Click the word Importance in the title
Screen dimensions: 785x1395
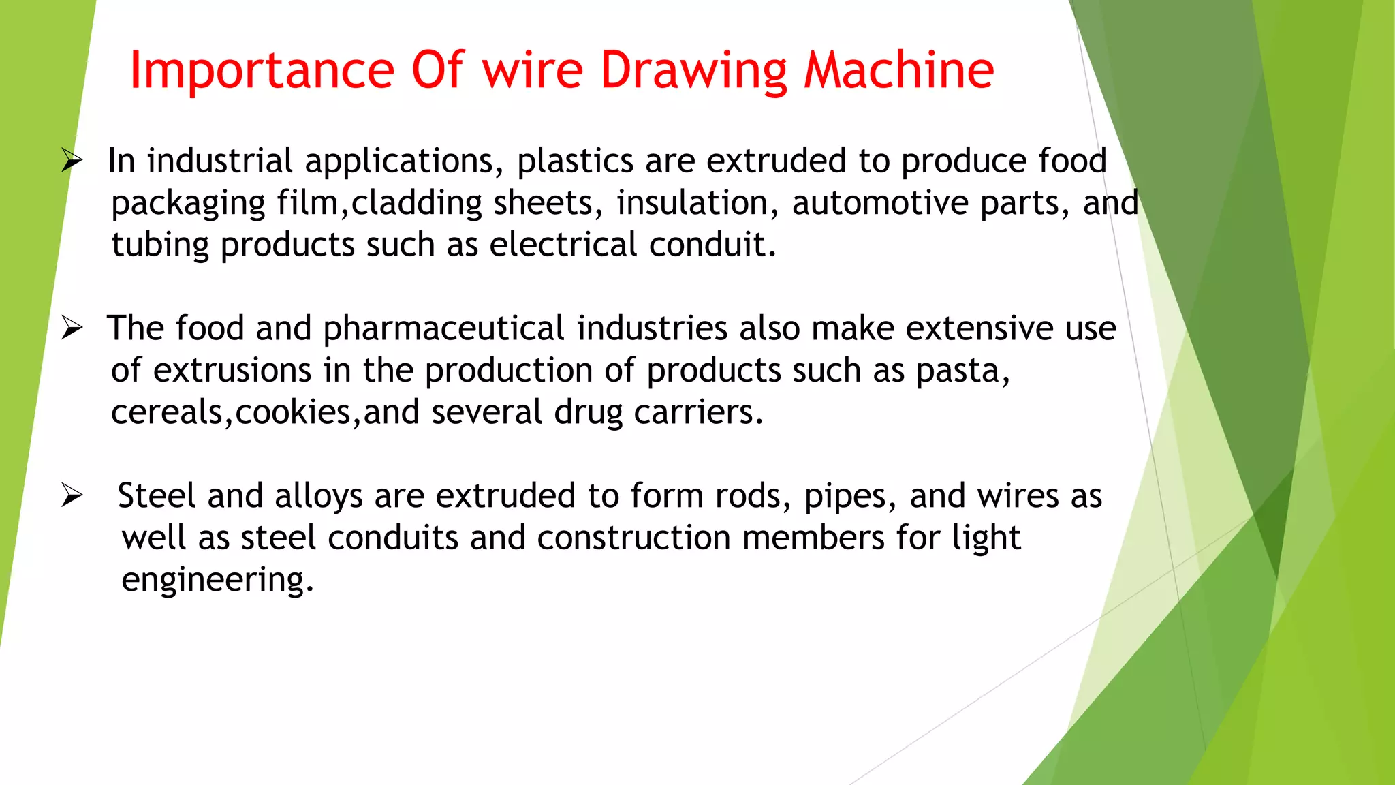tap(262, 70)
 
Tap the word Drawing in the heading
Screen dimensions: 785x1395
tap(693, 72)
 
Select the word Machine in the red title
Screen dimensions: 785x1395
tap(898, 70)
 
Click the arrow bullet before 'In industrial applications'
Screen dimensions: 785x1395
tap(72, 161)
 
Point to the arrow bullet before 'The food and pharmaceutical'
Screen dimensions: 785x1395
tap(72, 328)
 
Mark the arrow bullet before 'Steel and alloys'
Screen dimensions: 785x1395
tap(72, 495)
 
